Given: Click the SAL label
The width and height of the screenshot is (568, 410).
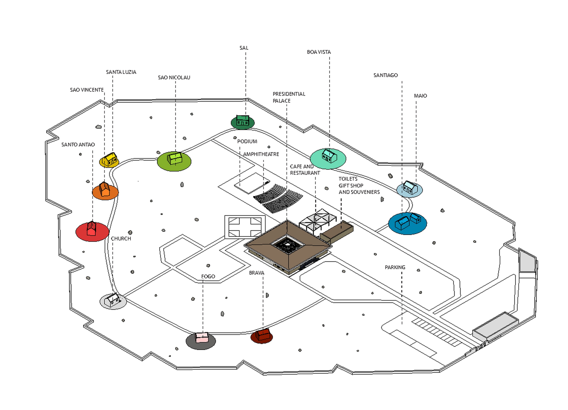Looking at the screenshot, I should point(244,48).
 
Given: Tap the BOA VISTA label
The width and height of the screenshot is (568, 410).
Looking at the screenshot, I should point(319,52).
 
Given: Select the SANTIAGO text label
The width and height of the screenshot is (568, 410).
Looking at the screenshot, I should point(386,75).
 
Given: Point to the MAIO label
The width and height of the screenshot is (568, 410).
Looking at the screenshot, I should point(420,96).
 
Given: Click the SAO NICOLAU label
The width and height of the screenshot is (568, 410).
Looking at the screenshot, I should point(174,78).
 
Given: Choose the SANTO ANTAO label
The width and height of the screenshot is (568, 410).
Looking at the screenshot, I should point(78,145).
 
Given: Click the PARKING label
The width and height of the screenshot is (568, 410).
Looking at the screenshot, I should point(395,267).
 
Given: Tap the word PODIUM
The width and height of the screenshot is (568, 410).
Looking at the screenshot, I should point(247,141).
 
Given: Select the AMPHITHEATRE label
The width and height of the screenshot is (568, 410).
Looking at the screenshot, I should point(261,154).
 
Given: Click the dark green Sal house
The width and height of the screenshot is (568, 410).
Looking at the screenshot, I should point(243,121).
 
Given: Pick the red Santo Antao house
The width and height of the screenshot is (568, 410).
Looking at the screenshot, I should point(91,229).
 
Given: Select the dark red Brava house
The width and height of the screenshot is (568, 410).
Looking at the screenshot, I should point(263,335).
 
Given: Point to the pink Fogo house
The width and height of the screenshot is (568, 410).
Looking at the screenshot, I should point(202,337).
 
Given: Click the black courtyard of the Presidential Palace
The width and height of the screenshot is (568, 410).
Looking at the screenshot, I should point(288,245).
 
